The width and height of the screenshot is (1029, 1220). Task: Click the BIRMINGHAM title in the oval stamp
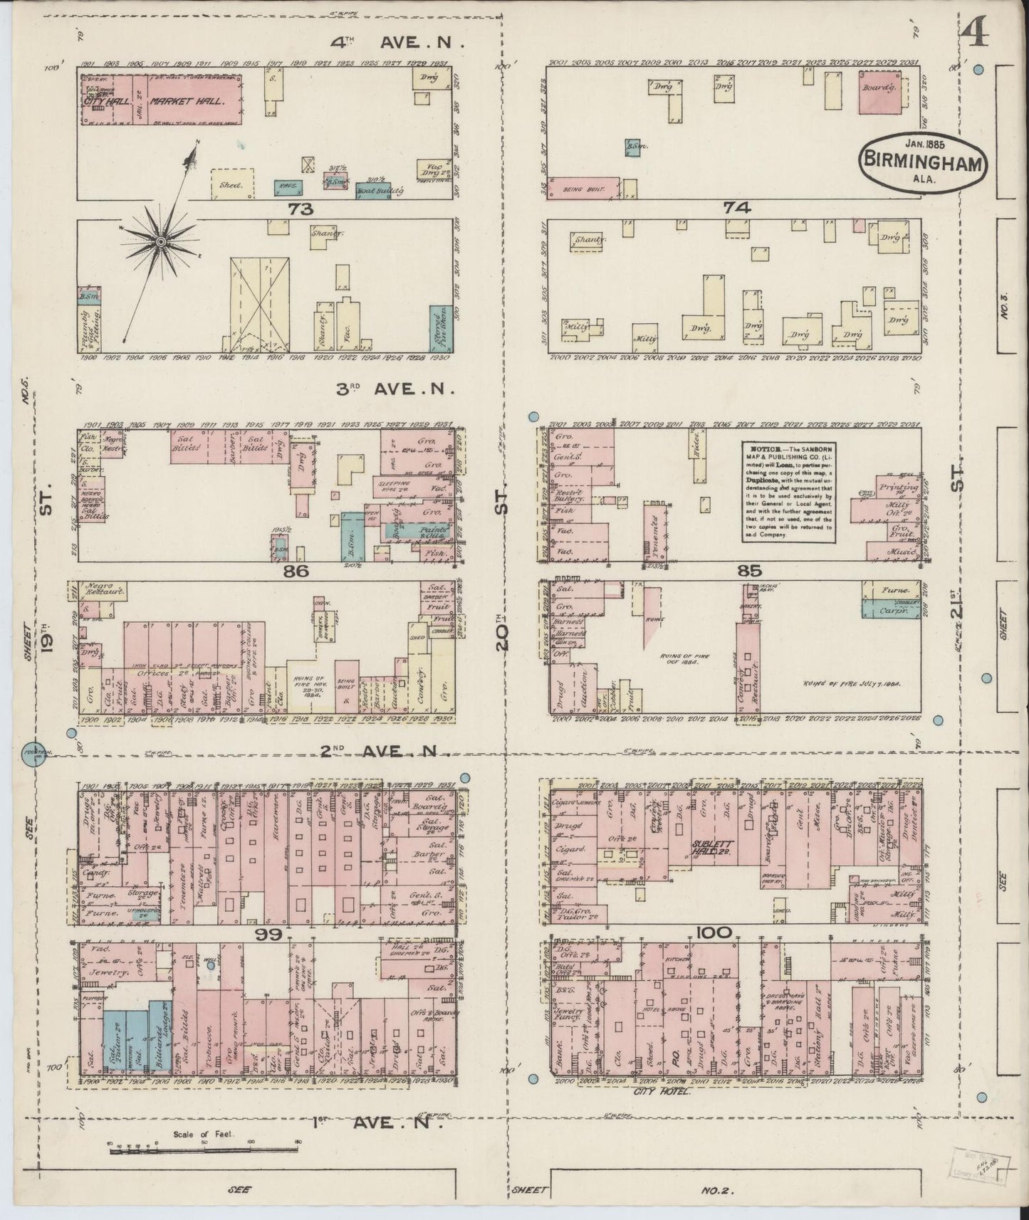click(x=924, y=159)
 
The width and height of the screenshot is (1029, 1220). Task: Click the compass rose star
click(x=162, y=243)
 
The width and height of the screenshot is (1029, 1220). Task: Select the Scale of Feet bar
click(x=203, y=1145)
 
